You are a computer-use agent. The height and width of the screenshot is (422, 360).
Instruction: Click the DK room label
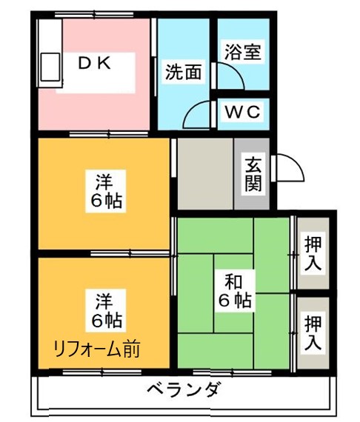coord(96,64)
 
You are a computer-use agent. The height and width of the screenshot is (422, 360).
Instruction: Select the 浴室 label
coord(241,54)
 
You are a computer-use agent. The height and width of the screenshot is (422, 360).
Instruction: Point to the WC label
coord(242,113)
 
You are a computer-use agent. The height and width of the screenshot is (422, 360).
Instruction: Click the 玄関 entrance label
coord(253,173)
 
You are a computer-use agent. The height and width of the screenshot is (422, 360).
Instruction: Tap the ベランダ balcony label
coord(182,389)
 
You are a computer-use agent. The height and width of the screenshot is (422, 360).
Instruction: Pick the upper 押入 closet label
coord(314,252)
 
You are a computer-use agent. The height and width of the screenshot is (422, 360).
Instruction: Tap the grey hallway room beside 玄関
coord(204,175)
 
